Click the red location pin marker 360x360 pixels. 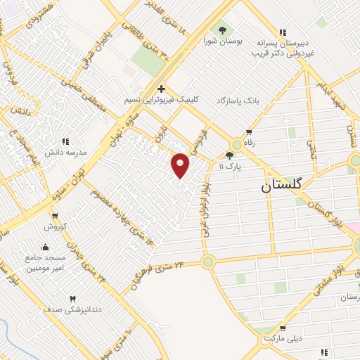(181, 165)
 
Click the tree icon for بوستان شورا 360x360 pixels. (223, 30)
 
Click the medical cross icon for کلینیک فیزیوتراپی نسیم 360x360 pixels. (162, 89)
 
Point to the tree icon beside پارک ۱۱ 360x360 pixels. (229, 155)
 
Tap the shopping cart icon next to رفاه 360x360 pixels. (250, 132)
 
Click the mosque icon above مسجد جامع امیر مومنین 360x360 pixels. (46, 247)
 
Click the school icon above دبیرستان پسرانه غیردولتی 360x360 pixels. (283, 32)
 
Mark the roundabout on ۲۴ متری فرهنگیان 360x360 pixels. (208, 262)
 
